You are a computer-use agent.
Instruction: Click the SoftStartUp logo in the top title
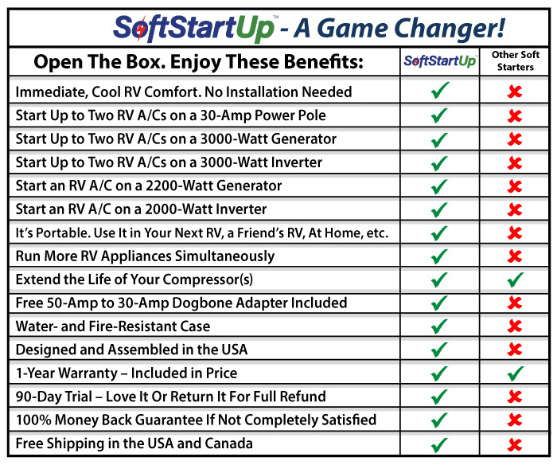click(194, 28)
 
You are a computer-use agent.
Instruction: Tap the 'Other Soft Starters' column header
click(515, 61)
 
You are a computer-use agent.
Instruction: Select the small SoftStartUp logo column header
click(440, 61)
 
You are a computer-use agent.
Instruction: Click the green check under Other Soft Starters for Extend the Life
click(516, 279)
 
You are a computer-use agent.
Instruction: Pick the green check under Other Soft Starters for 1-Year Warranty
click(516, 373)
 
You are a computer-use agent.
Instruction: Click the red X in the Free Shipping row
click(515, 444)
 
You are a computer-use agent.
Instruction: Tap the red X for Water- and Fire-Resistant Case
click(515, 326)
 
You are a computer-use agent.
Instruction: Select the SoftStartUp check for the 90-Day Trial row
click(439, 397)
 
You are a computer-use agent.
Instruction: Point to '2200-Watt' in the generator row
click(179, 186)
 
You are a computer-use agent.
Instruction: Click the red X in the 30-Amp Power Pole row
click(515, 116)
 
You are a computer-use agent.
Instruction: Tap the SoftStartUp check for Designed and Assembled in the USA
click(439, 350)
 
